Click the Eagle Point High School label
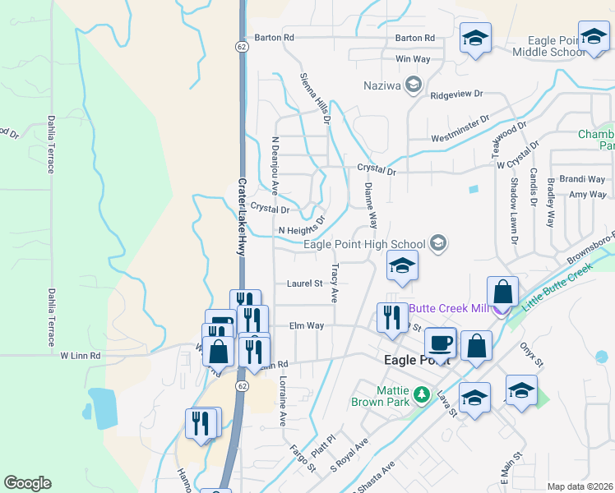point(364,244)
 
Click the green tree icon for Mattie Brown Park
point(422,395)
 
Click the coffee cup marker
point(441,343)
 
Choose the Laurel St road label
point(304,283)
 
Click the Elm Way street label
point(307,326)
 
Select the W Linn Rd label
point(80,356)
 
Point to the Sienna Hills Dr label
point(315,97)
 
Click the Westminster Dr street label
point(460,136)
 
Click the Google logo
point(27,483)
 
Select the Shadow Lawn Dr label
point(514,210)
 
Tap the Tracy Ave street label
point(335,283)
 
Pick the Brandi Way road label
point(582,179)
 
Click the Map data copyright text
point(580,486)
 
